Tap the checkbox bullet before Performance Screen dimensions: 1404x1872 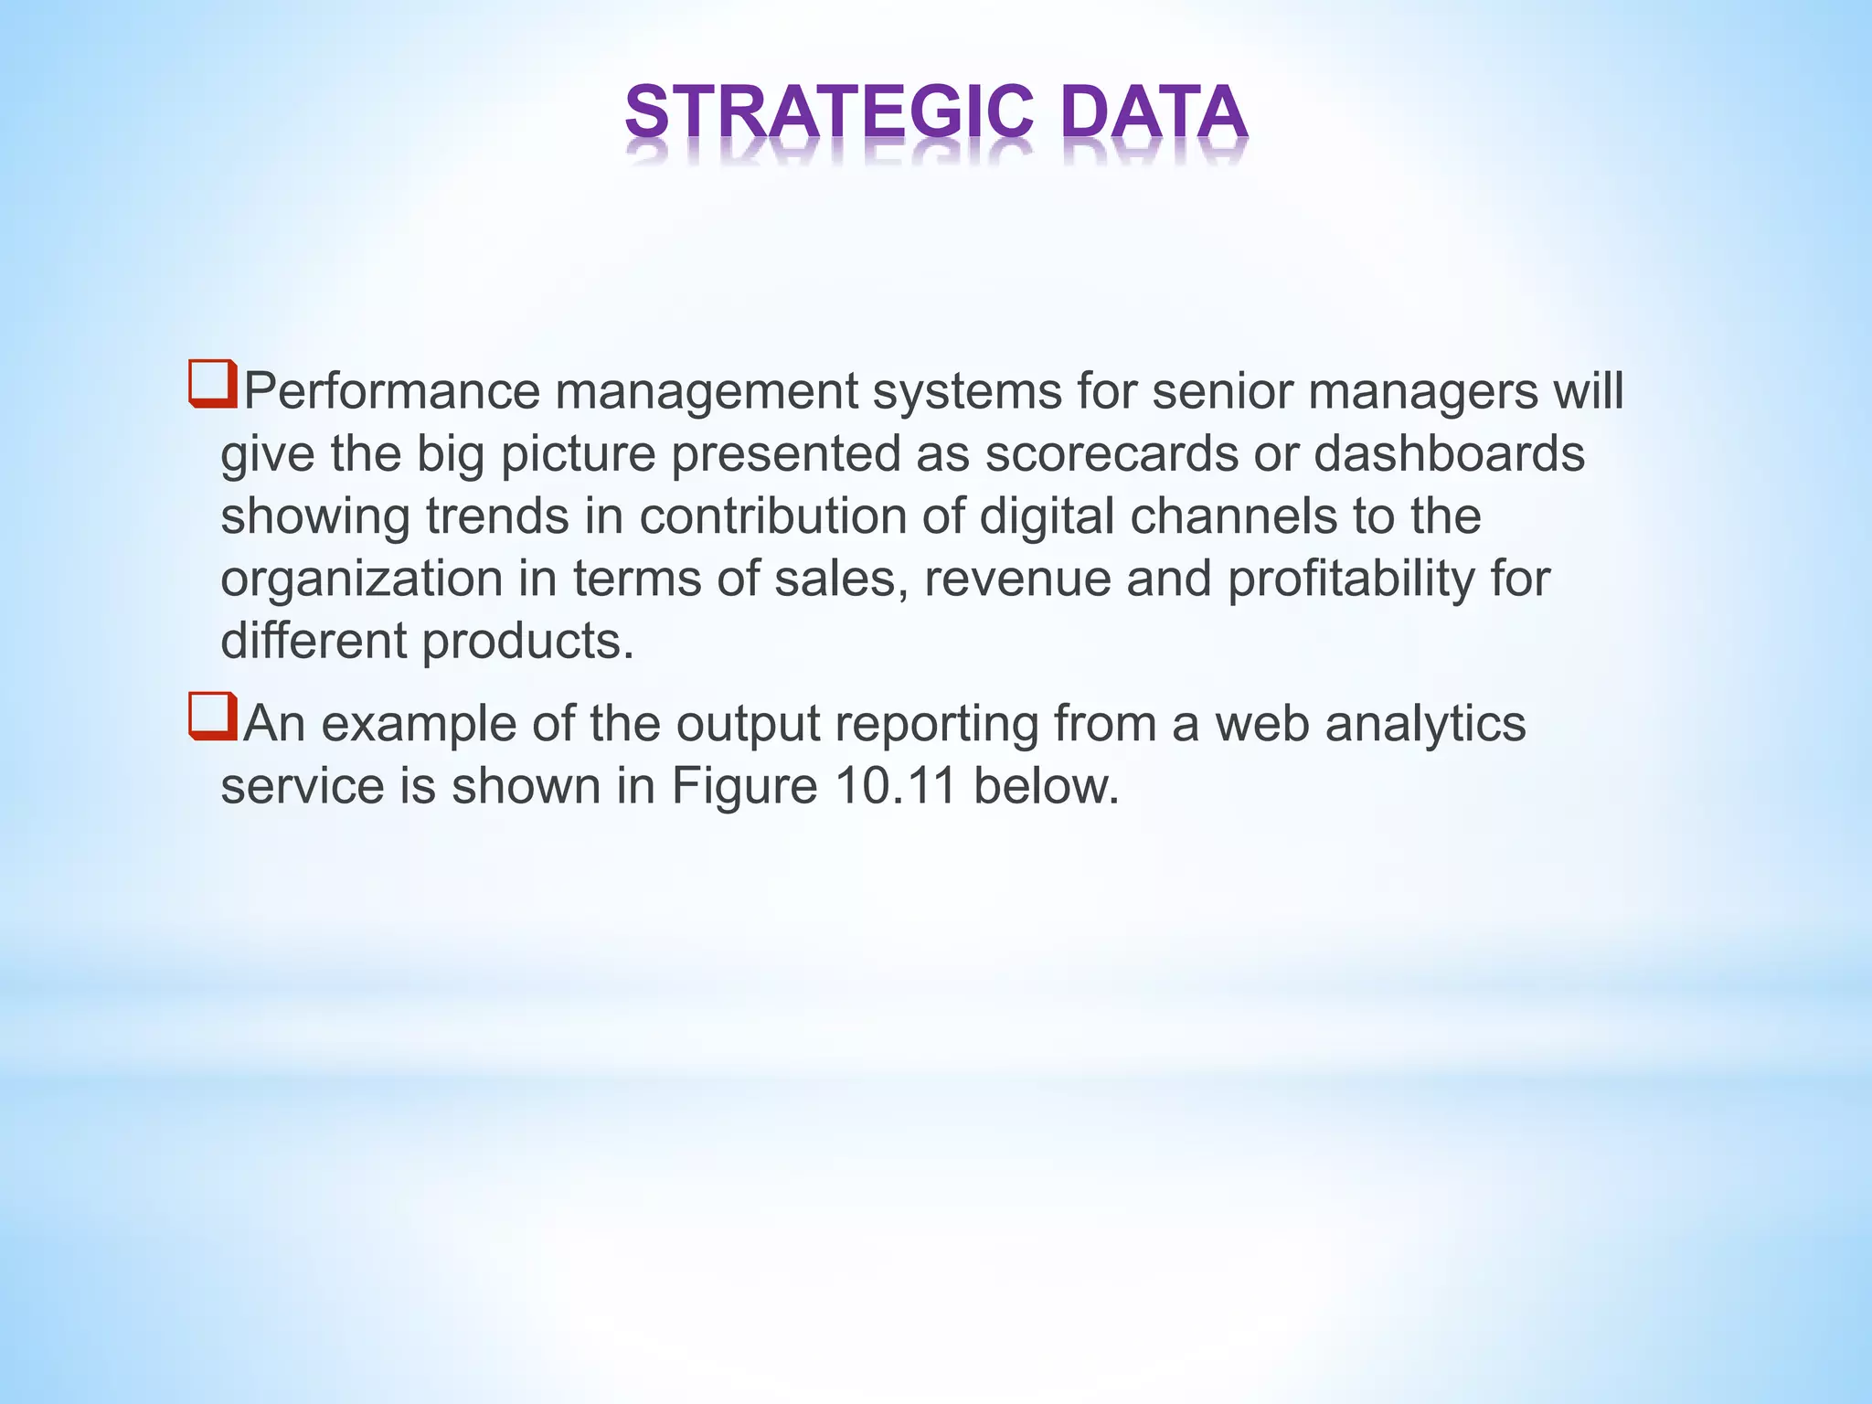coord(213,384)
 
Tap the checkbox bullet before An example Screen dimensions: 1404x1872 coord(213,717)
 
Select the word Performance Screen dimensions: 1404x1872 coord(392,391)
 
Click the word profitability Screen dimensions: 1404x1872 coord(1350,580)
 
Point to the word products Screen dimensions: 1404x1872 coord(527,641)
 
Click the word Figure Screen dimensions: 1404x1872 coord(744,786)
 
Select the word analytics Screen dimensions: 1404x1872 coord(1425,724)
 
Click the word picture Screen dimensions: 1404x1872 coord(578,455)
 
